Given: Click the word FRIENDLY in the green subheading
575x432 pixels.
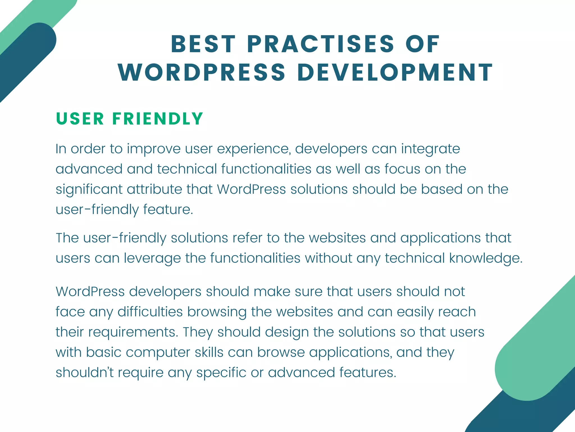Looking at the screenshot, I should pos(158,119).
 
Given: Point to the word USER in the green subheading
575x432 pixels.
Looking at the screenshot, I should pos(80,119).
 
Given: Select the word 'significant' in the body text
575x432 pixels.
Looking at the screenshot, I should pos(89,190).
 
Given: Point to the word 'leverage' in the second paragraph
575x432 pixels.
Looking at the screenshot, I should pos(152,258).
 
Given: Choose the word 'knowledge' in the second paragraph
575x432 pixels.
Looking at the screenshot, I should pos(485,258).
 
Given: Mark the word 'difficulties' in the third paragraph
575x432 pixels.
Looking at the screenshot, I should pos(150,312).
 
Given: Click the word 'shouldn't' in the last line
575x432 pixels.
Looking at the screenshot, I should pos(85,373).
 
